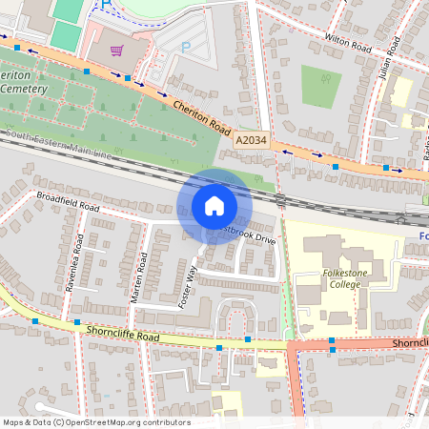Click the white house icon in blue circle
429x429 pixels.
tap(214, 206)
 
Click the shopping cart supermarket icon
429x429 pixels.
tap(117, 51)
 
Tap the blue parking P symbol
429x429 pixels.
tap(186, 45)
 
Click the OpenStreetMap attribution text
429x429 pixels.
tap(95, 422)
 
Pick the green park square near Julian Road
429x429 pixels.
tap(321, 86)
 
